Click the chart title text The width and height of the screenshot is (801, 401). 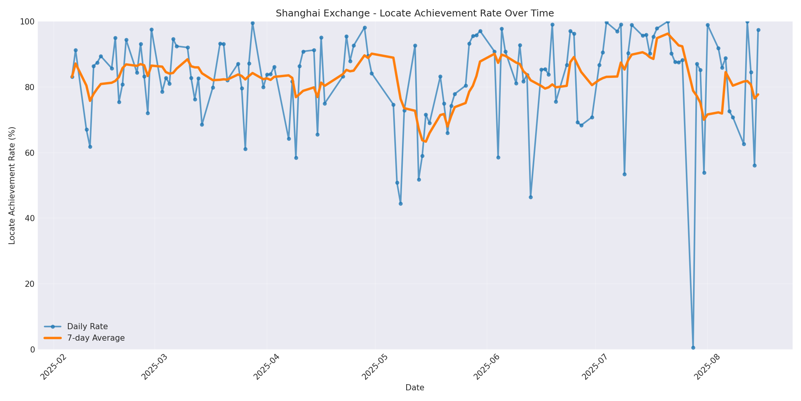(x=415, y=13)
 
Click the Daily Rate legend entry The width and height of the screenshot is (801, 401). (x=87, y=327)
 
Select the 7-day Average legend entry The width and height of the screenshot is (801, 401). (x=96, y=338)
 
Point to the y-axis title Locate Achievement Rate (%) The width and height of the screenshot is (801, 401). (x=12, y=186)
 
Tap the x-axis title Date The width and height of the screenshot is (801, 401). (x=415, y=388)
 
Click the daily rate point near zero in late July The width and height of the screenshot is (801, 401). (x=693, y=348)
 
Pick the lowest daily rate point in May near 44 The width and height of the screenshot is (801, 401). (x=400, y=204)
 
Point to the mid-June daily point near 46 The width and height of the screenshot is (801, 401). (x=531, y=197)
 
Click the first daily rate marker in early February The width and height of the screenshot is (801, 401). (x=72, y=77)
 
